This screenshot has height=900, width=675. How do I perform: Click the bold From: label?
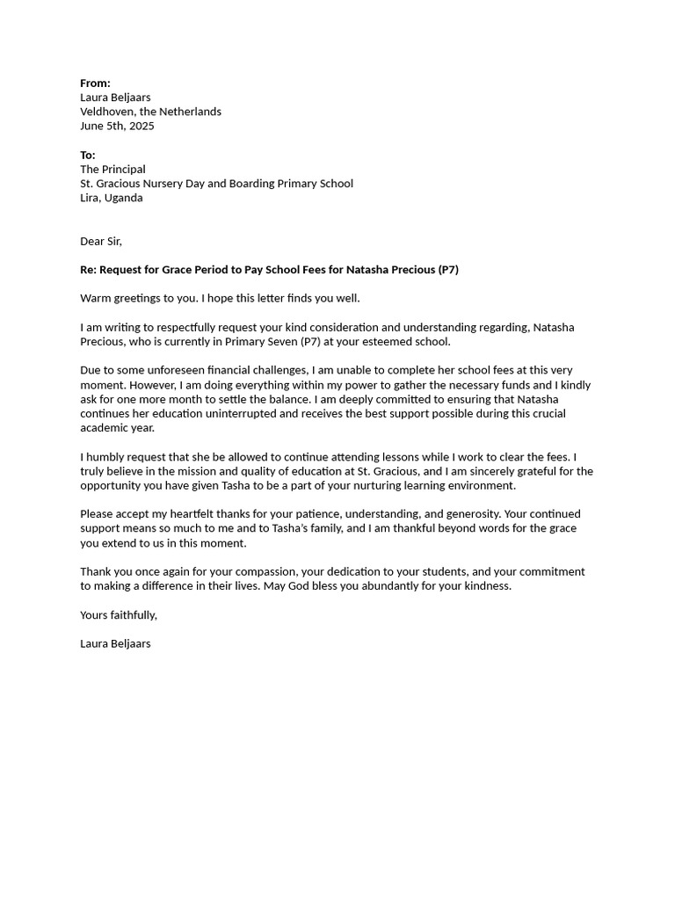(x=95, y=83)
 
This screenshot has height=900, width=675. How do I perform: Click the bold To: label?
(x=88, y=155)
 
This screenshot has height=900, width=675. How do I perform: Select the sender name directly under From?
(x=115, y=98)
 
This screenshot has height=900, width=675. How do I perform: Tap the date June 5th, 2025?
(x=117, y=126)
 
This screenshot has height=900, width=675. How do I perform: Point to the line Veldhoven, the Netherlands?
(x=150, y=112)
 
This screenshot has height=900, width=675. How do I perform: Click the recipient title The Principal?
(x=112, y=169)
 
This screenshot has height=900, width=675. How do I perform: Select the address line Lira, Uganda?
(x=111, y=198)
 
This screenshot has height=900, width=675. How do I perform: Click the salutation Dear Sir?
(x=101, y=241)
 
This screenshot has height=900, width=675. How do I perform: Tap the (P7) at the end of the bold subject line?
(x=447, y=270)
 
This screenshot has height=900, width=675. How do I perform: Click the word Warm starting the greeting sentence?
(x=96, y=298)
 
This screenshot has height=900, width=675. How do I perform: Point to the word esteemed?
(x=389, y=341)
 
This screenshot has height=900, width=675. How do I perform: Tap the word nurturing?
(x=402, y=485)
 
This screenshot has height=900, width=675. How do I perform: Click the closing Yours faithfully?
(x=119, y=614)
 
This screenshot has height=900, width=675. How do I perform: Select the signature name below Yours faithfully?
(x=115, y=643)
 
